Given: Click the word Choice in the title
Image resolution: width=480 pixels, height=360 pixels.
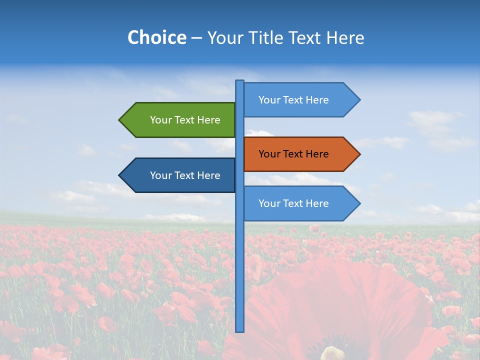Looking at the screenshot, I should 156,37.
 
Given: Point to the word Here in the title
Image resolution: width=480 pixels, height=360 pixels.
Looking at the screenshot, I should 345,37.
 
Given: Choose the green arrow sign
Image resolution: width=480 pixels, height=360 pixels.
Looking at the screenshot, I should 180,120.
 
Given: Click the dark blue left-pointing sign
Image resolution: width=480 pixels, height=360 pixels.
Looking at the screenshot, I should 180,175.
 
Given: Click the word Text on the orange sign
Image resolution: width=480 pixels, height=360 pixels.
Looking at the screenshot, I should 294,154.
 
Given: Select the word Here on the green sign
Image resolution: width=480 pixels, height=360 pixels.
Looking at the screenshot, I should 208,120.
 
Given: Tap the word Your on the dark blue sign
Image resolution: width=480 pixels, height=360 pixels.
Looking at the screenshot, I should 161,175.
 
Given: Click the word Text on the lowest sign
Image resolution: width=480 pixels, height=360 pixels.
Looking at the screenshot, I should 294,203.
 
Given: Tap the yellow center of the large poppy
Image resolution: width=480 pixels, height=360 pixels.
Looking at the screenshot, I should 332,353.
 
